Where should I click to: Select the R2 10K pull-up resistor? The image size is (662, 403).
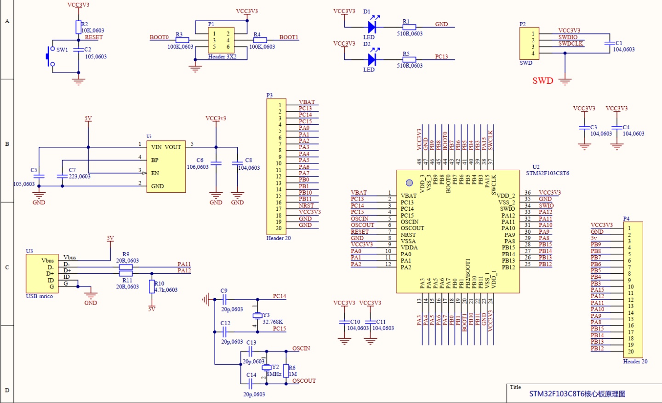[x=78, y=27]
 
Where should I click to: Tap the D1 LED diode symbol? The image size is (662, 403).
[x=372, y=27]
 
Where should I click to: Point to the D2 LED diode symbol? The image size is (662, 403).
[x=372, y=59]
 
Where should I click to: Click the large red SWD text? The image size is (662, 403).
[x=542, y=81]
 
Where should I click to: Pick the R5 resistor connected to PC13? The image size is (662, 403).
[x=409, y=59]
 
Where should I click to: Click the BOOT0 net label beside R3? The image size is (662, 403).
[x=159, y=37]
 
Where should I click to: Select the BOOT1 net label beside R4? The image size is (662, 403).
[x=289, y=37]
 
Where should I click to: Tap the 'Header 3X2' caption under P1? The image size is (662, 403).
[x=222, y=57]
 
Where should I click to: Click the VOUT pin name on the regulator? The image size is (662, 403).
[x=173, y=147]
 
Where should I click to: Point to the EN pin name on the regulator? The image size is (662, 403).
[x=155, y=173]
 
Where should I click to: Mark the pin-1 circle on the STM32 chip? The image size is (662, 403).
[x=409, y=183]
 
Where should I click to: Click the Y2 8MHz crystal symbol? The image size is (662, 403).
[x=267, y=368]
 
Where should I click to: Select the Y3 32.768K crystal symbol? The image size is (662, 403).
[x=257, y=316]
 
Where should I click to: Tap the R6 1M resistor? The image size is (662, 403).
[x=286, y=371]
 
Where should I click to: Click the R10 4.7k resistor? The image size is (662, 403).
[x=151, y=287]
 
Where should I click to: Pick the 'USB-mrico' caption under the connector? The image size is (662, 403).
[x=40, y=296]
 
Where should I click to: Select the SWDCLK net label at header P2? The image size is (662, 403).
[x=571, y=44]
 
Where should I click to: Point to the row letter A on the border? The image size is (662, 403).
[x=7, y=21]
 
